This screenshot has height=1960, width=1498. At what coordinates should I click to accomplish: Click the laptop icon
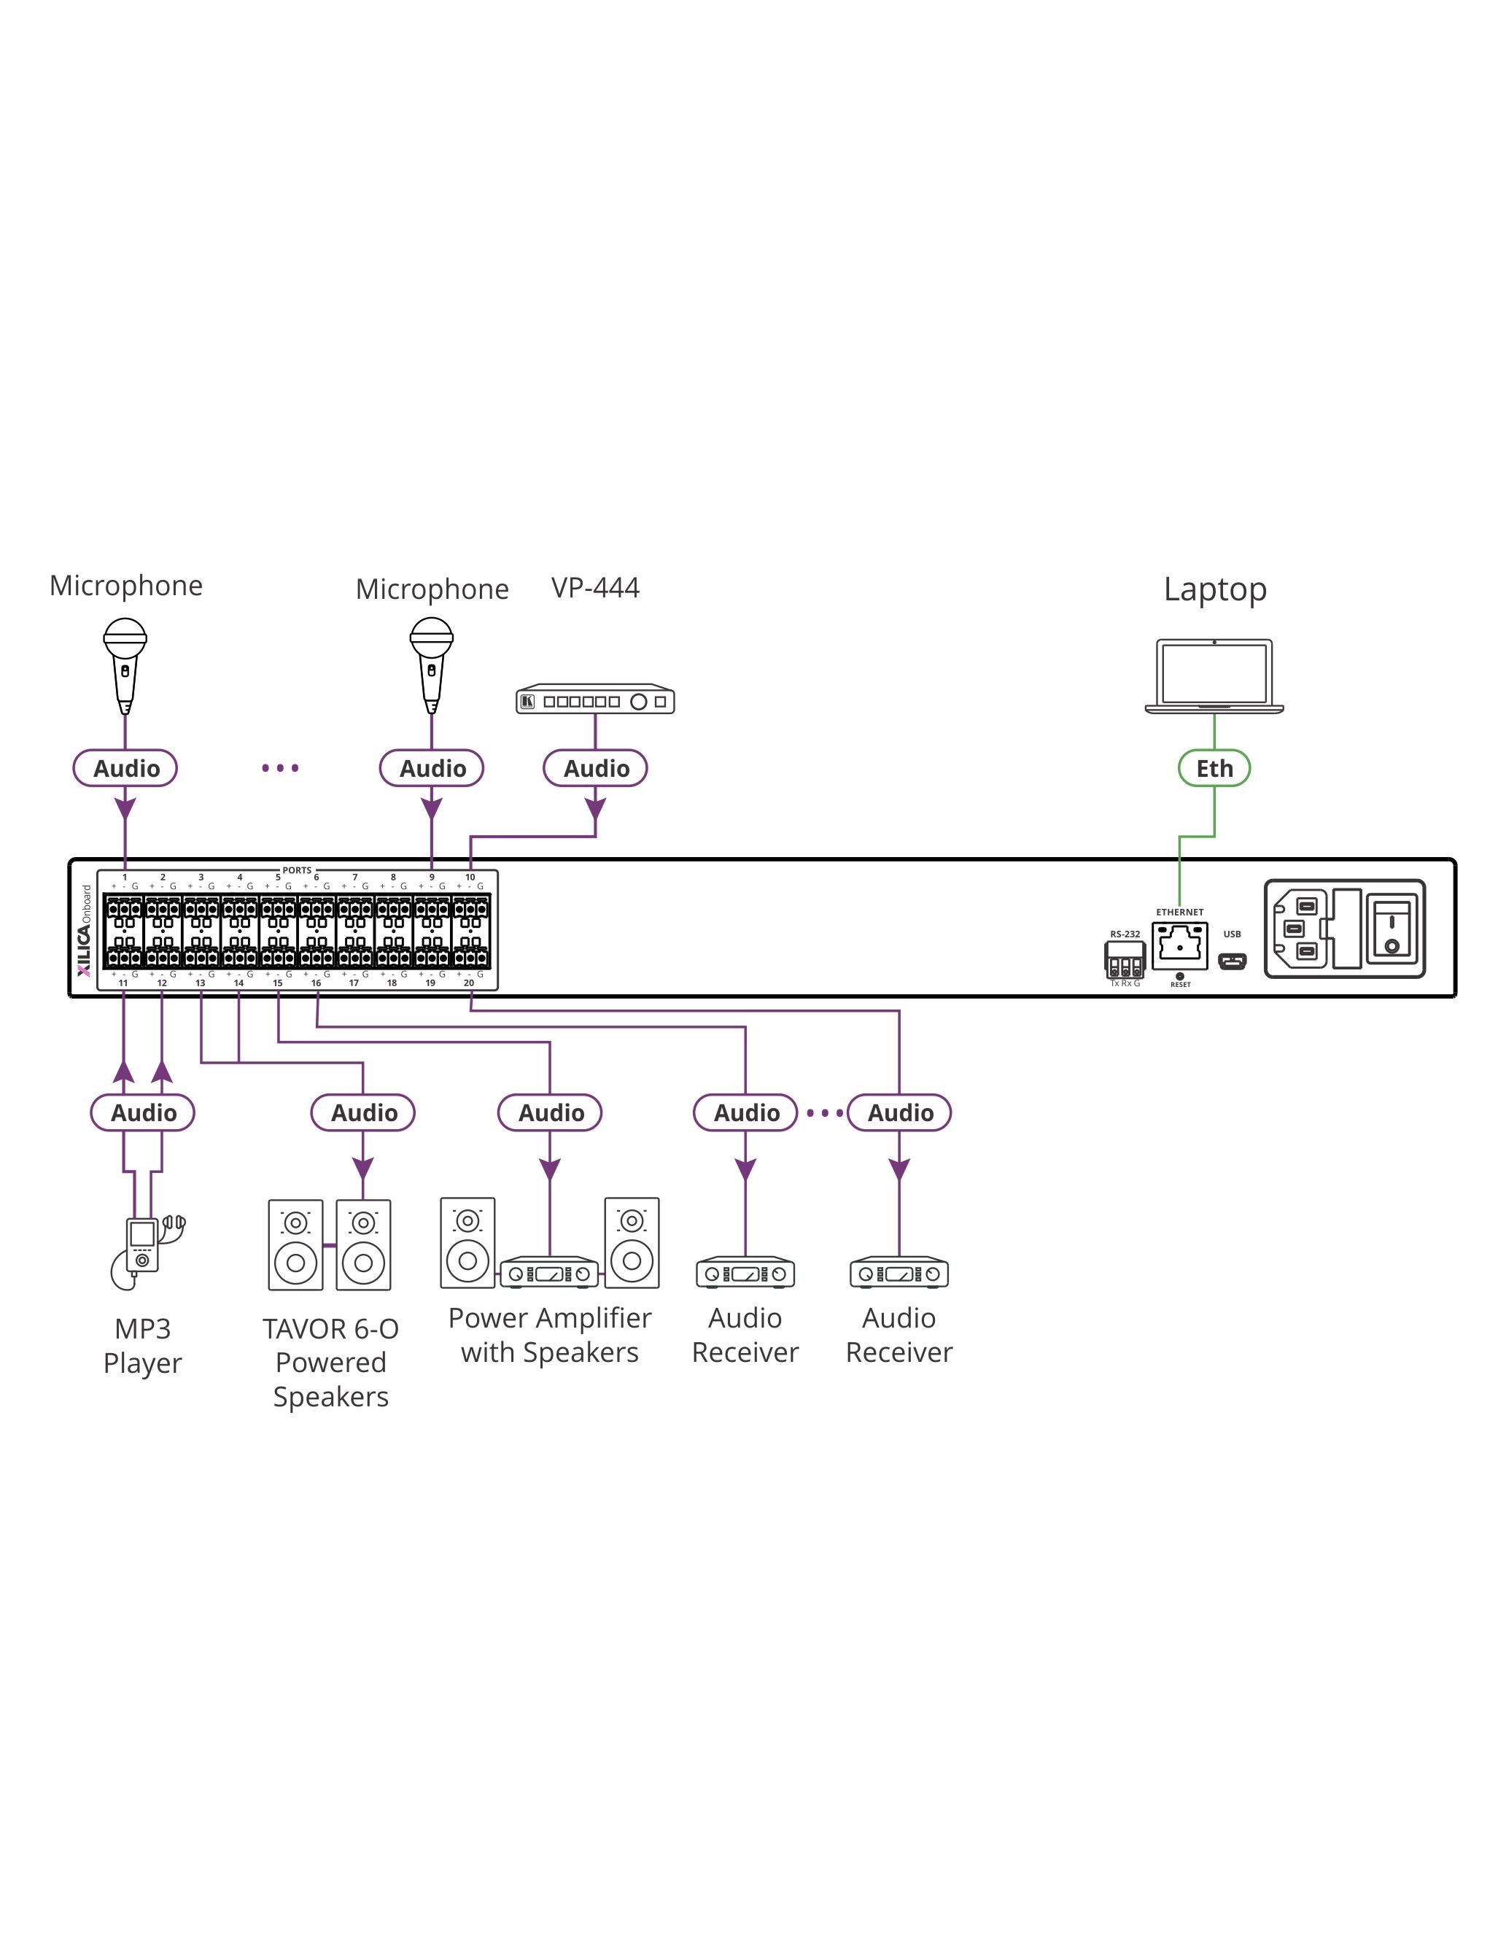(1214, 676)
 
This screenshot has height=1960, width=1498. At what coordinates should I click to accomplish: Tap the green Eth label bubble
(1214, 768)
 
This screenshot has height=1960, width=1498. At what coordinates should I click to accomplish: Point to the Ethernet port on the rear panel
(1180, 945)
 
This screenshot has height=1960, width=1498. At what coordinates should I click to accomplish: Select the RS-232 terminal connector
(1125, 961)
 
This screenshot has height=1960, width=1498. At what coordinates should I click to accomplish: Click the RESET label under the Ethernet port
(1180, 985)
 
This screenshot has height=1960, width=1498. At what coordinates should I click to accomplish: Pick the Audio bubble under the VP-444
(596, 768)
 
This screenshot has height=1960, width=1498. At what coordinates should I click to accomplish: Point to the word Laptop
(1214, 589)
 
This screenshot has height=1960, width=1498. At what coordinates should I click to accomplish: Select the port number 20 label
(469, 983)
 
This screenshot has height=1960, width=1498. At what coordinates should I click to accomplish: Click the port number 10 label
(470, 878)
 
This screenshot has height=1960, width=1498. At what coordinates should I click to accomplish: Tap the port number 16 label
(316, 983)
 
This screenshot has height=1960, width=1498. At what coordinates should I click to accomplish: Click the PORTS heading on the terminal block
(297, 870)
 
